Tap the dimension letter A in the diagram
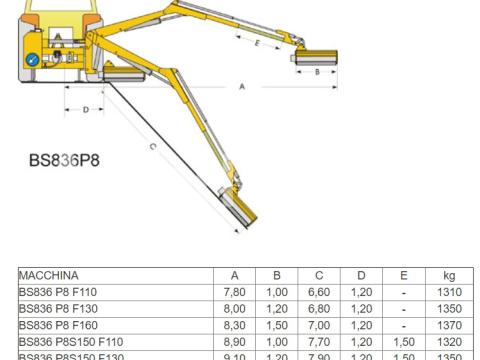(242, 88)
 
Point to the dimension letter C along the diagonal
(151, 148)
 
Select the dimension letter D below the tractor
(87, 109)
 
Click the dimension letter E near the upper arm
(258, 44)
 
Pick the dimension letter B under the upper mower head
(318, 72)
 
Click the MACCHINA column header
(49, 276)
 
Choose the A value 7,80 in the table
(234, 292)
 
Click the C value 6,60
(319, 292)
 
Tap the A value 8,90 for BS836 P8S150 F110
(234, 340)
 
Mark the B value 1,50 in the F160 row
(277, 324)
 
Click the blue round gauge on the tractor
(33, 58)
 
